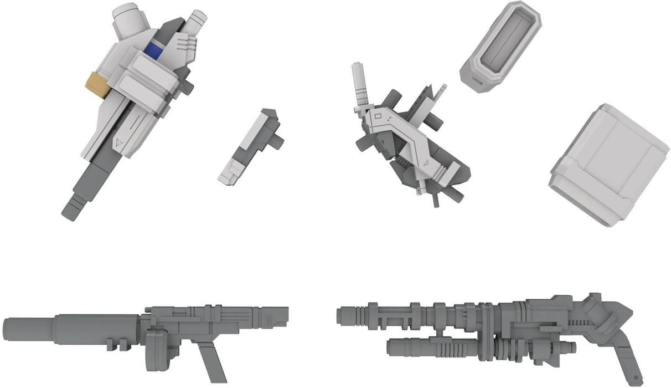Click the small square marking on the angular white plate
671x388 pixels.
(x=379, y=117)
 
